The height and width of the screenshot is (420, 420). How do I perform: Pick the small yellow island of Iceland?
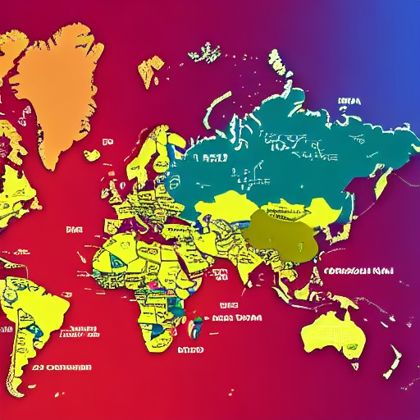(x=93, y=153)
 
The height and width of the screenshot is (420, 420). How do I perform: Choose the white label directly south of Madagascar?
(x=189, y=349)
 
